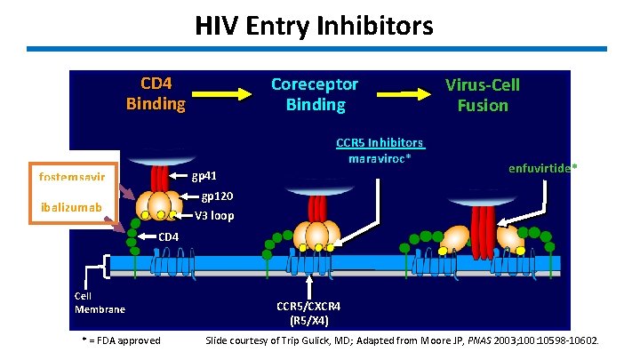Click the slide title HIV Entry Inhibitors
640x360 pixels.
[x=315, y=27]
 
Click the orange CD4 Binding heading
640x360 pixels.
[x=156, y=94]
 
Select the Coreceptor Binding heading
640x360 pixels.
[x=315, y=94]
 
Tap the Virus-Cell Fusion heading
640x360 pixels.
[x=483, y=95]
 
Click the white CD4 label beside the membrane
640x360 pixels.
[x=168, y=236]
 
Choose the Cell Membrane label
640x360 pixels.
[x=100, y=302]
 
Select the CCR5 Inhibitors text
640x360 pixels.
[x=380, y=143]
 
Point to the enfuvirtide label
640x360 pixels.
[x=541, y=167]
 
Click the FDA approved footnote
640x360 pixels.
[x=119, y=340]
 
